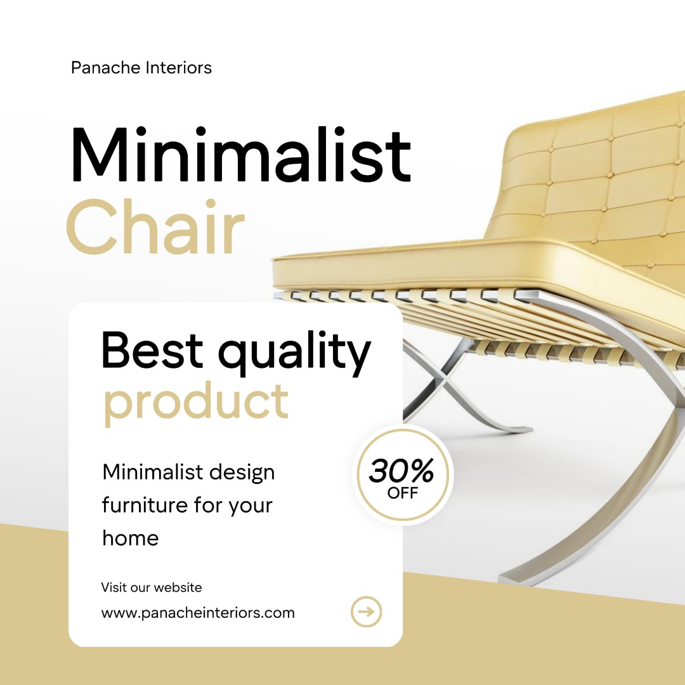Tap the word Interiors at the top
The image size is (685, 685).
coord(178,68)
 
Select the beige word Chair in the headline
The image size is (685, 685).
coord(155,226)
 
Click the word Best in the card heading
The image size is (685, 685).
coord(152,350)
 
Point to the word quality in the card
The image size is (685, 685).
coord(294,353)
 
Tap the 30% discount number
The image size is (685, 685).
coord(401,470)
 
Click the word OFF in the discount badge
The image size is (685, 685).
coord(402,493)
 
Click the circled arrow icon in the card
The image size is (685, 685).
coord(366,611)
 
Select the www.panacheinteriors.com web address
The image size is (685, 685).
coord(198,613)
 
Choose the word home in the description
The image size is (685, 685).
coord(130,538)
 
